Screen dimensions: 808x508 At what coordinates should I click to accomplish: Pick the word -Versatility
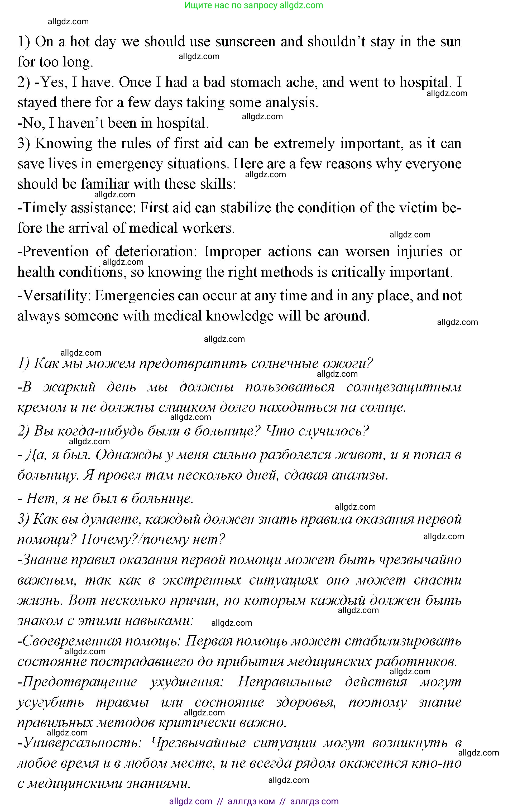click(x=54, y=296)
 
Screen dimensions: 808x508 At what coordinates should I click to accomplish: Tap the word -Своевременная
click(x=69, y=642)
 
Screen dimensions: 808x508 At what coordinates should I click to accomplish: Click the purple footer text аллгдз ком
click(x=251, y=801)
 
